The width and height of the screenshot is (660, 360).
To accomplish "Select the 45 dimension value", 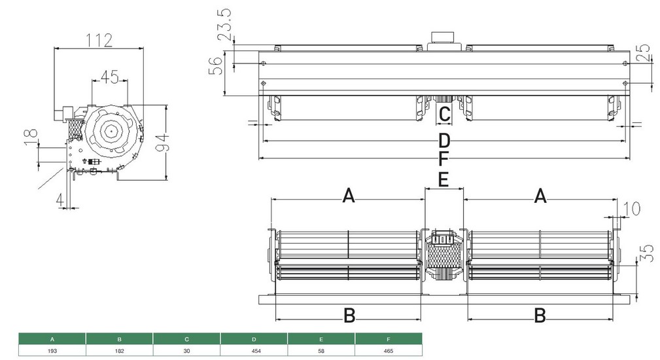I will [x=110, y=77].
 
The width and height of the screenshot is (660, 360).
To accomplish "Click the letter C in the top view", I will [x=443, y=115].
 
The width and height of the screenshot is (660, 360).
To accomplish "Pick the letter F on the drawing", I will [x=443, y=159].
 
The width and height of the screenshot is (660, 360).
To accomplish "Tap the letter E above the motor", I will [x=443, y=179].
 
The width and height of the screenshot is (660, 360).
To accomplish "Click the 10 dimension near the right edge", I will [x=631, y=209].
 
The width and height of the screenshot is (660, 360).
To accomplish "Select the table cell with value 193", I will [x=52, y=351].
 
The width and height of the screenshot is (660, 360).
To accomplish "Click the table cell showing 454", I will [x=254, y=351].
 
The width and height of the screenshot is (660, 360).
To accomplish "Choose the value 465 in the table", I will [x=389, y=351].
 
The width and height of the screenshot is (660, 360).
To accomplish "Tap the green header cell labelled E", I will [x=321, y=339].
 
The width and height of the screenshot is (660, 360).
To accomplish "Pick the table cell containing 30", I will [x=186, y=351].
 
